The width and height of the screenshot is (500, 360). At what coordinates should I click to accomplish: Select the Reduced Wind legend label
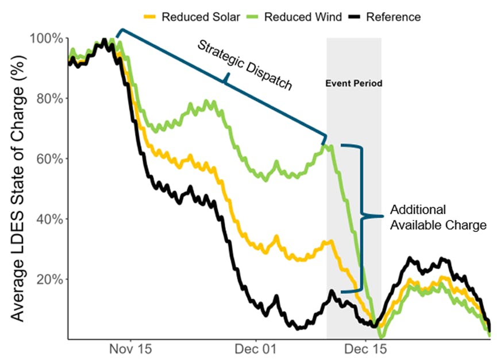click(x=303, y=17)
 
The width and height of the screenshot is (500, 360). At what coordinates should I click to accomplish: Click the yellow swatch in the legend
click(x=151, y=17)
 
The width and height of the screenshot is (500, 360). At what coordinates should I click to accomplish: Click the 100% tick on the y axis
click(x=49, y=38)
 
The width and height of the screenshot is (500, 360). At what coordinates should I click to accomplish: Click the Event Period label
click(x=353, y=84)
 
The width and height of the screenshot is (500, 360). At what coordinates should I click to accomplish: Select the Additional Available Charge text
click(x=438, y=217)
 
